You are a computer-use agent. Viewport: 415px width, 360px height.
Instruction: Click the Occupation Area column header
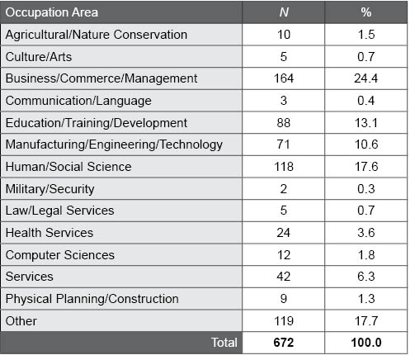[x=51, y=12]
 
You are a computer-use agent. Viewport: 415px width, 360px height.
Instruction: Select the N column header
[x=283, y=12]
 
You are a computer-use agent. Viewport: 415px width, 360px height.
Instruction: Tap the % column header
[x=365, y=12]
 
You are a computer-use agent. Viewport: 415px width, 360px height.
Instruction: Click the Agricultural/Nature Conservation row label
[x=97, y=35]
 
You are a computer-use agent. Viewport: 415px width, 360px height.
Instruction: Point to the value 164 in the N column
[x=283, y=78]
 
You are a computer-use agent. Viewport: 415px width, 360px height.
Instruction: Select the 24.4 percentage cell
[x=365, y=78]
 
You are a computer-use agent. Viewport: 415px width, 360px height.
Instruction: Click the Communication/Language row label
[x=78, y=101]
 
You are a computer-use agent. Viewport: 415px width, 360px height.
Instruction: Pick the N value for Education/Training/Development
[x=283, y=122]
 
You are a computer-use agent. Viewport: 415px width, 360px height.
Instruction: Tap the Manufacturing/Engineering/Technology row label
[x=114, y=144]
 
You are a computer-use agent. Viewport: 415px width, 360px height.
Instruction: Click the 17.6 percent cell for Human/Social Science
[x=365, y=167]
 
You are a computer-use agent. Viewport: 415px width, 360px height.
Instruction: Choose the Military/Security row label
[x=50, y=189]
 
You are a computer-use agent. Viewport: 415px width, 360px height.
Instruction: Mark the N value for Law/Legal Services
[x=283, y=211]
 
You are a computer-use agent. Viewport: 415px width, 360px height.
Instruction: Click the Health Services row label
[x=50, y=233]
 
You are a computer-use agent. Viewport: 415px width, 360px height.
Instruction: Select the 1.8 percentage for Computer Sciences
[x=365, y=255]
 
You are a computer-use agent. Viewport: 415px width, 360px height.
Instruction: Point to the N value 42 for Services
[x=283, y=277]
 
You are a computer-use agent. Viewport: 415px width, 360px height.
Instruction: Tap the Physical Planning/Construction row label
[x=92, y=299]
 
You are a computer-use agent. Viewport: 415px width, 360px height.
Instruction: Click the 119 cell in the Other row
[x=283, y=321]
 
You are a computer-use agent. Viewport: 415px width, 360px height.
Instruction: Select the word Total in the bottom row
[x=224, y=342]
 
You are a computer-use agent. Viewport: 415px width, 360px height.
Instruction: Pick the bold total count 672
[x=283, y=342]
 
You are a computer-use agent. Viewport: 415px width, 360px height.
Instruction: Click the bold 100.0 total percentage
[x=365, y=342]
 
